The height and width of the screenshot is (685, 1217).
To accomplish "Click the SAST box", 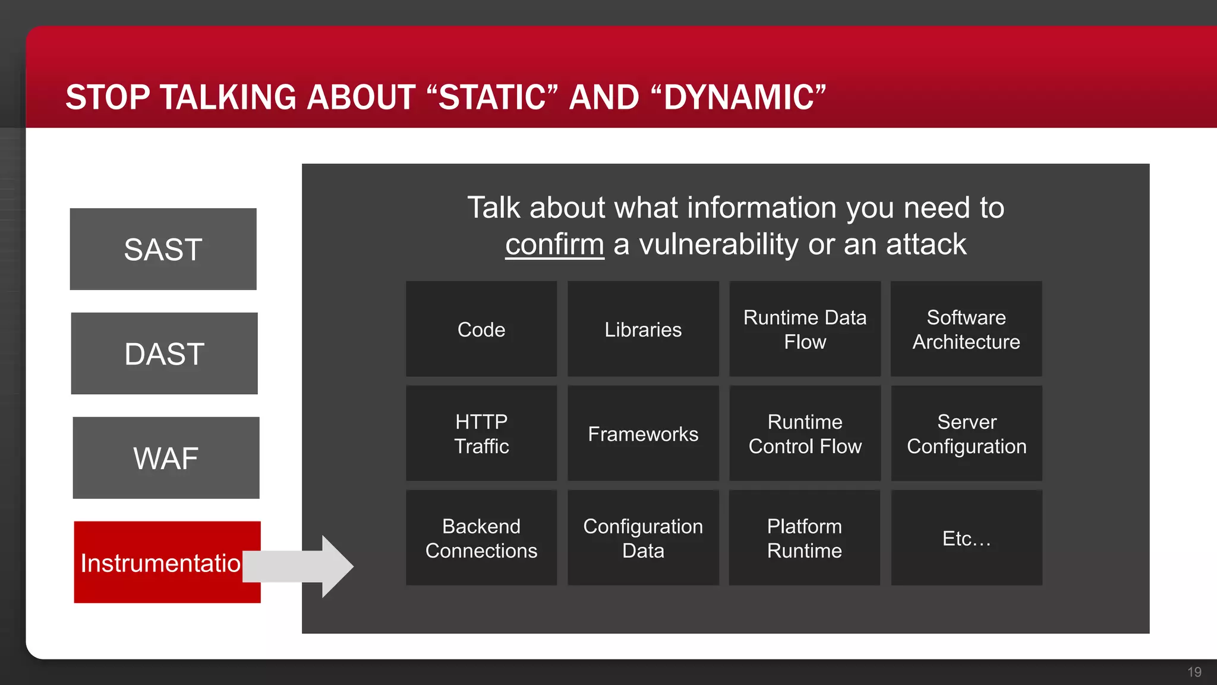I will click(x=163, y=249).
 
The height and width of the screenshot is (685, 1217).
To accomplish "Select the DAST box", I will click(x=164, y=354).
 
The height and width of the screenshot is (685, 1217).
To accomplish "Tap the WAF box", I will click(x=166, y=458).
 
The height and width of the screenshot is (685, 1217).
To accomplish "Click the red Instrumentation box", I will click(x=160, y=563).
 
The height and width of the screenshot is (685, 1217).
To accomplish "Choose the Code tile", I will click(x=481, y=329).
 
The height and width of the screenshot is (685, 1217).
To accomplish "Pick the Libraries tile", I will click(x=643, y=329).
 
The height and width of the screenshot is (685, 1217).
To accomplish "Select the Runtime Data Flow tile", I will click(x=805, y=329).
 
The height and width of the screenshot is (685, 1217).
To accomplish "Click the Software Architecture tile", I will click(x=966, y=329).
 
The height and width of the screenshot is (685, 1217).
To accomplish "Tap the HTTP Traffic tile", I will click(x=481, y=433).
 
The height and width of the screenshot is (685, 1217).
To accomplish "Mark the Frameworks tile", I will click(x=643, y=433).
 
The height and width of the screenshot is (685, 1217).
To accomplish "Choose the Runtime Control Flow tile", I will click(x=805, y=433).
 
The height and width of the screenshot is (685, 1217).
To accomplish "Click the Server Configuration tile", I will click(x=966, y=433).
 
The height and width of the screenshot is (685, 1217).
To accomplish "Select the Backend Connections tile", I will click(x=481, y=538).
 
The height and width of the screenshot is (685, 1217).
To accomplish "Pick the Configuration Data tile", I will click(x=643, y=538).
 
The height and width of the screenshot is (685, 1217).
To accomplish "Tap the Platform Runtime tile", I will click(x=805, y=538).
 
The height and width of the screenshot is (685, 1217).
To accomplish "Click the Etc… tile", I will click(x=966, y=538).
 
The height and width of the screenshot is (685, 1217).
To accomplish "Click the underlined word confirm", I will click(x=554, y=244).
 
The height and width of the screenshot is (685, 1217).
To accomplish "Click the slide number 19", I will click(x=1194, y=672).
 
